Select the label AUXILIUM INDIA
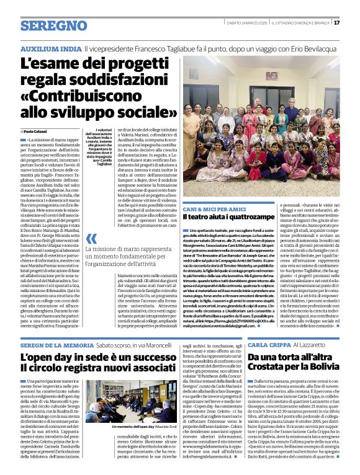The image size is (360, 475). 50,48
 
